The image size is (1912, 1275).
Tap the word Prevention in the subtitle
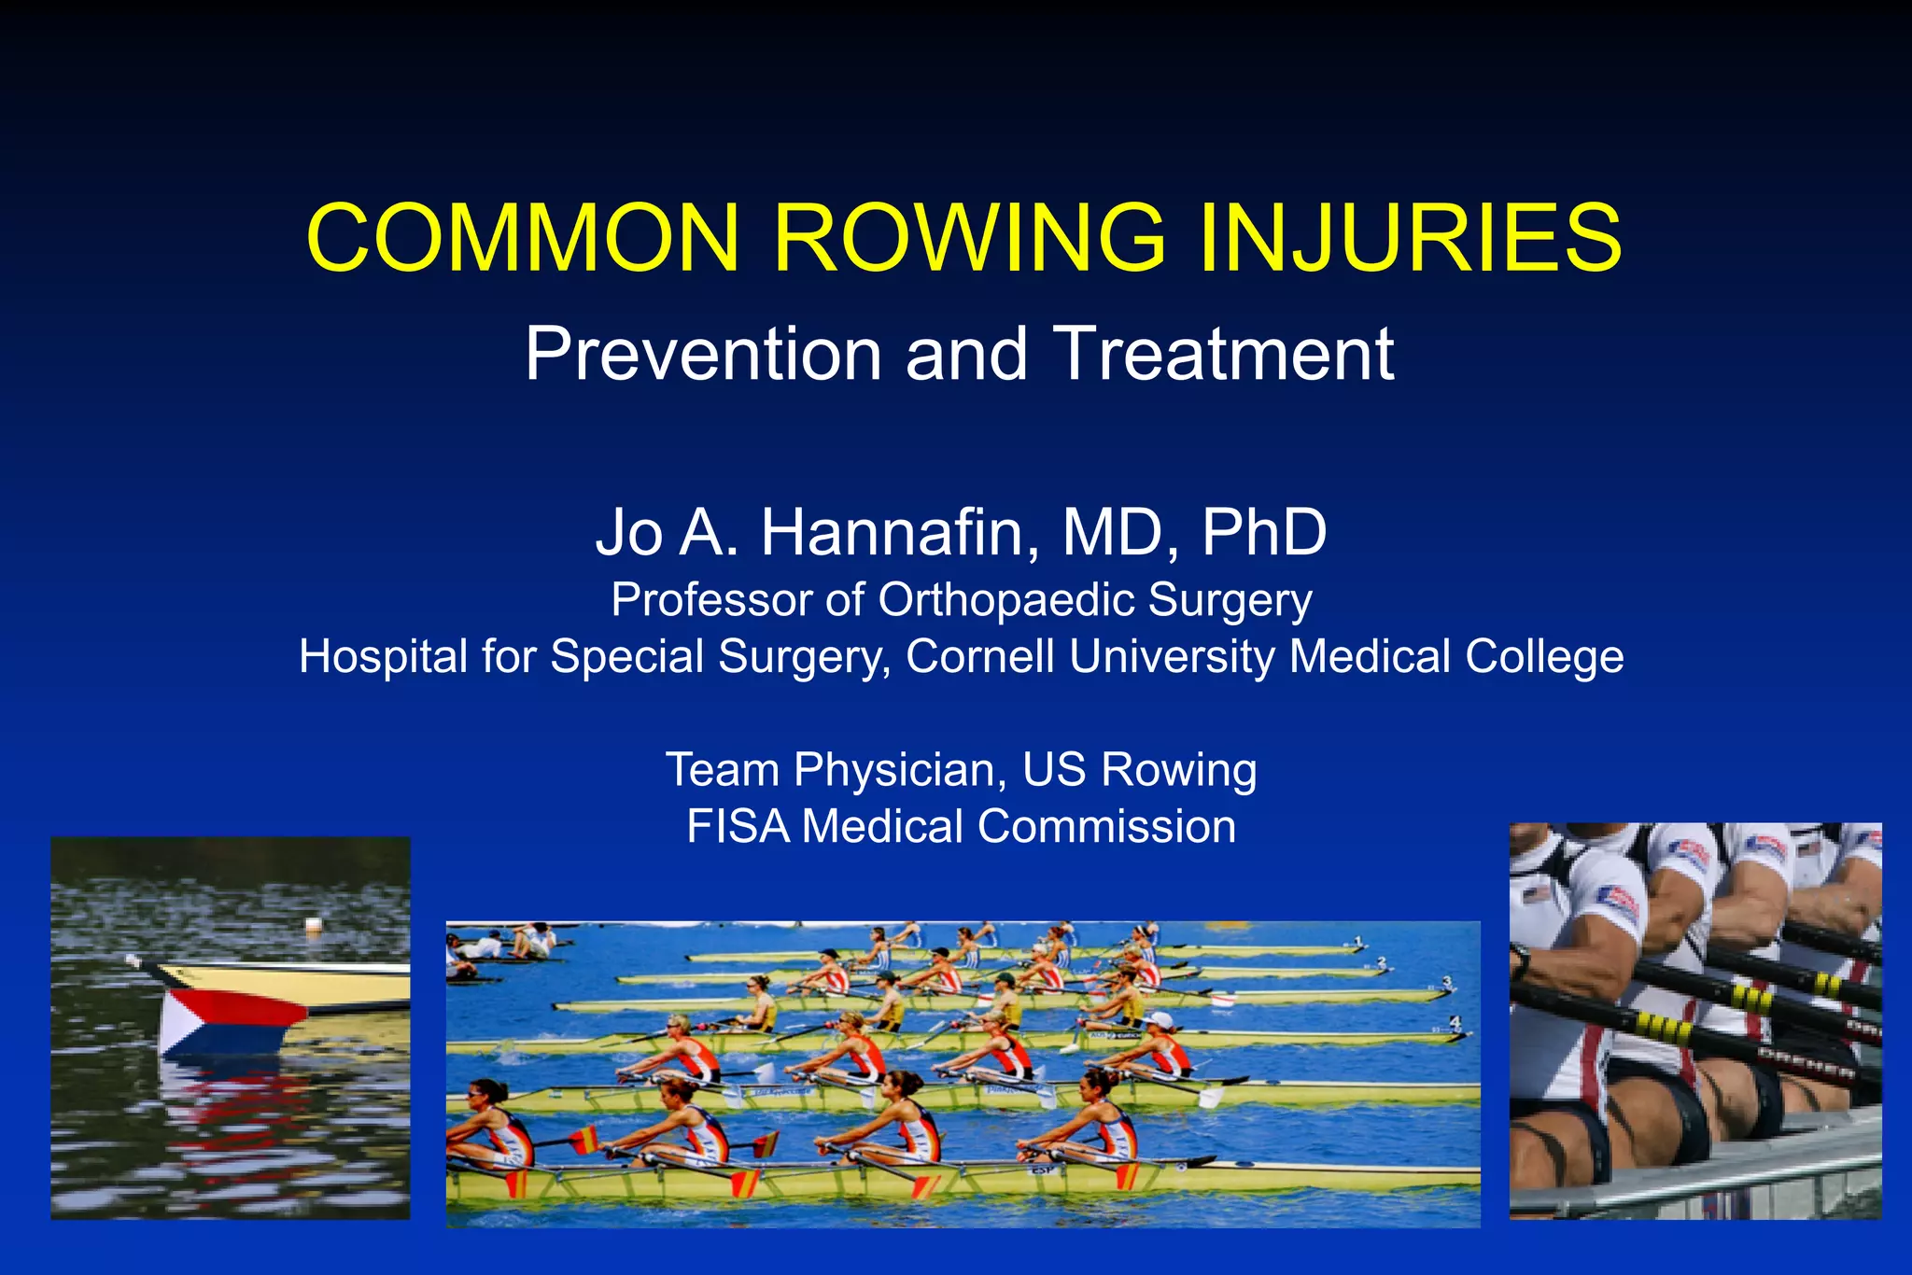(702, 355)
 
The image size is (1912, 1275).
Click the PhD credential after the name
(1264, 532)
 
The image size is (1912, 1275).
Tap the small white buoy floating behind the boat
(314, 925)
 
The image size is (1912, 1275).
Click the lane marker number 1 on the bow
(1358, 941)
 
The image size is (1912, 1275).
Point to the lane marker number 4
(1454, 1023)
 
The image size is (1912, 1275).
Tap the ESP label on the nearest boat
(1041, 1168)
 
